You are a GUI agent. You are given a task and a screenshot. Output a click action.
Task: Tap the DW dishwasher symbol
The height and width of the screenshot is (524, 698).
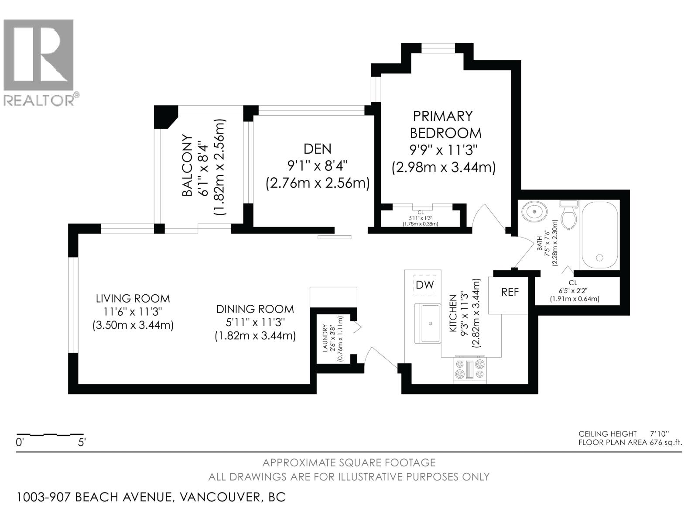click(425, 285)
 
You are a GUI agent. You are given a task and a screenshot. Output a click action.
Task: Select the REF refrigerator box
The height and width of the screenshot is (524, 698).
click(508, 295)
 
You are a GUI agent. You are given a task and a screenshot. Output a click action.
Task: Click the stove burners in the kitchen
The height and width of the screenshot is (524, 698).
click(470, 370)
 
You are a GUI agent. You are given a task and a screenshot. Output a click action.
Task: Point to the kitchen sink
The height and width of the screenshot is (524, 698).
click(428, 323)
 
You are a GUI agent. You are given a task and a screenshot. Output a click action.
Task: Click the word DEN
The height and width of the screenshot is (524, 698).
click(317, 148)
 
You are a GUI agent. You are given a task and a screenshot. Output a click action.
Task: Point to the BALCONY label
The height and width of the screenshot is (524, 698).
click(187, 165)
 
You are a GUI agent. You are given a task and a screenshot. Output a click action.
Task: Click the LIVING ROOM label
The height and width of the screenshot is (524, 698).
click(133, 298)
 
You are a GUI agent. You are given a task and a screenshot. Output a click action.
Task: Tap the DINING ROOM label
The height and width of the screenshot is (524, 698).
click(255, 309)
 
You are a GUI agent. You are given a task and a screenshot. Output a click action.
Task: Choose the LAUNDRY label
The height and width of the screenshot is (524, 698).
click(325, 338)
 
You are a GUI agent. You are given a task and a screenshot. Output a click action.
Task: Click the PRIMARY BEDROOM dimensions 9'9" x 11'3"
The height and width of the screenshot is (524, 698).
click(444, 149)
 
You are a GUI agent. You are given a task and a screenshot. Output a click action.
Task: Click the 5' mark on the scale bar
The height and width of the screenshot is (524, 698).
click(82, 442)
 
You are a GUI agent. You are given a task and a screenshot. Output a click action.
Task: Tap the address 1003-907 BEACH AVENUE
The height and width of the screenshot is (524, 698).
click(94, 497)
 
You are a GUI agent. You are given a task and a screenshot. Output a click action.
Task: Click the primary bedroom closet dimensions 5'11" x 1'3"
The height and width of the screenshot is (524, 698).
click(421, 218)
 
